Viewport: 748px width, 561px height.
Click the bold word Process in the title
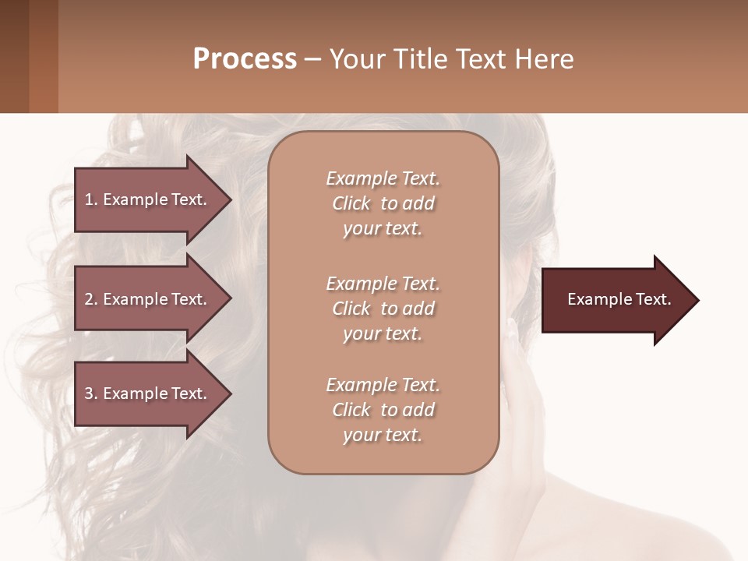click(x=245, y=59)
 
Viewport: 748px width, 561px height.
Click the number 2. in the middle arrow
click(x=91, y=299)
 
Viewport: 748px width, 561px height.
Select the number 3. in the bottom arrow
click(x=91, y=393)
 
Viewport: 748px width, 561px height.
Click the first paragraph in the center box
click(x=383, y=203)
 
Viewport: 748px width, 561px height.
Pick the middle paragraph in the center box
click(x=383, y=309)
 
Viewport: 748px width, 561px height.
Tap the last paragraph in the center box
click(x=383, y=410)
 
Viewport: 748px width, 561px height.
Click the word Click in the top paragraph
click(x=351, y=203)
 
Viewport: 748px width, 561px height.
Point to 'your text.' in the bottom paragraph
click(x=383, y=435)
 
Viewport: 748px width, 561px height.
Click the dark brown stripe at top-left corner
click(x=14, y=56)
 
